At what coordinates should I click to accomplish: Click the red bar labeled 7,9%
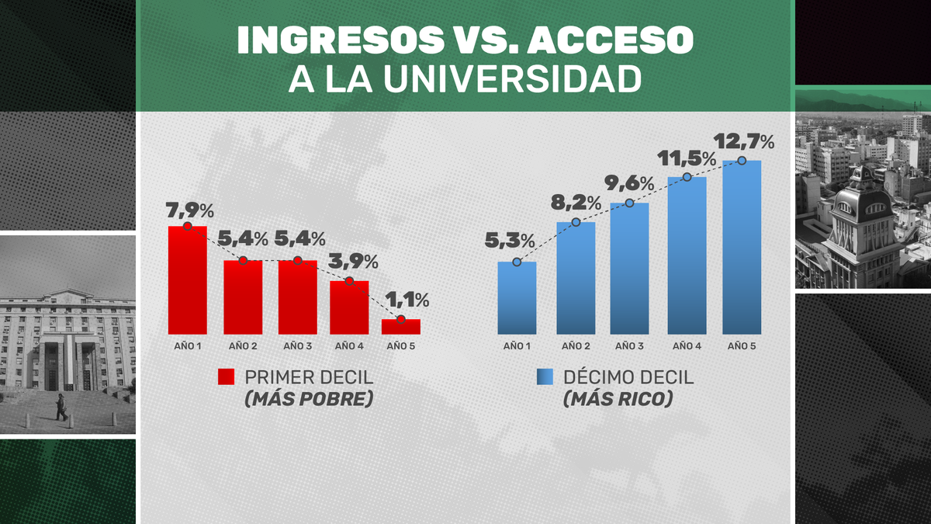tap(188, 279)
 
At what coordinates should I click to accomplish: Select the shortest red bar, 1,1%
tap(400, 327)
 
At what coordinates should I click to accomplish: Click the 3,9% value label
tap(355, 261)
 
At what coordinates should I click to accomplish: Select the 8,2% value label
tap(576, 203)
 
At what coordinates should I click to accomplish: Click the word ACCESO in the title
tap(614, 41)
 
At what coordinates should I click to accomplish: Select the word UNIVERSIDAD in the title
tap(513, 79)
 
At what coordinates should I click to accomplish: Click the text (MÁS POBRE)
tap(309, 400)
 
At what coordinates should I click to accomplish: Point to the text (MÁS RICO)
tap(618, 400)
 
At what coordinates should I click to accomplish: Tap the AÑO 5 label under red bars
tap(400, 345)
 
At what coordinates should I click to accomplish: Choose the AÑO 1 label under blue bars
tap(517, 345)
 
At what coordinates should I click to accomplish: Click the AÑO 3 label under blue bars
tap(629, 345)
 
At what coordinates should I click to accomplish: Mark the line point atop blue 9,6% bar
tap(629, 203)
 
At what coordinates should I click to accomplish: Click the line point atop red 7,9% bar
tap(188, 226)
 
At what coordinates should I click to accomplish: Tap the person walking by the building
tap(61, 406)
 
